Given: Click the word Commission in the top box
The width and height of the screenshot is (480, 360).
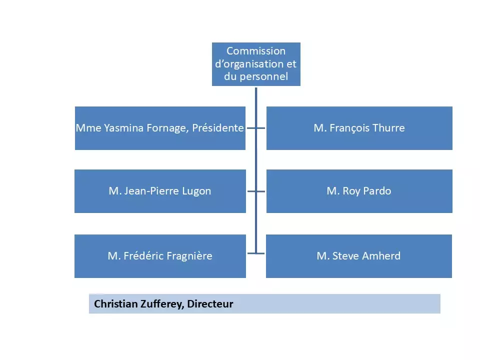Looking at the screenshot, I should click(256, 51).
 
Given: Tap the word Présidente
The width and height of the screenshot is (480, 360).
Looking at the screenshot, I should click(218, 128).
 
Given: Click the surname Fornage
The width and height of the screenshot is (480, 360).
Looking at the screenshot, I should click(165, 128).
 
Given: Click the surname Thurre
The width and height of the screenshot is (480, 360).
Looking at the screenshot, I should click(388, 128).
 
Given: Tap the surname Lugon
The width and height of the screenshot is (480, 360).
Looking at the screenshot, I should click(196, 191).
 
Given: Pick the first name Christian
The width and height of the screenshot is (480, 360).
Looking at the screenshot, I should click(114, 304).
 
